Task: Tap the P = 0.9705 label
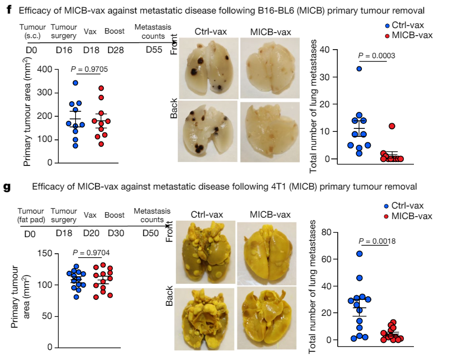click(x=91, y=69)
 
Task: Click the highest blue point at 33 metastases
click(x=359, y=69)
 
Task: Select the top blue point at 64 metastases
click(x=359, y=254)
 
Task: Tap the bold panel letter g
click(x=8, y=188)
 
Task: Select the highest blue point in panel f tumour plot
click(x=75, y=83)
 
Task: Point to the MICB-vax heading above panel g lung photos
click(x=270, y=215)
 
